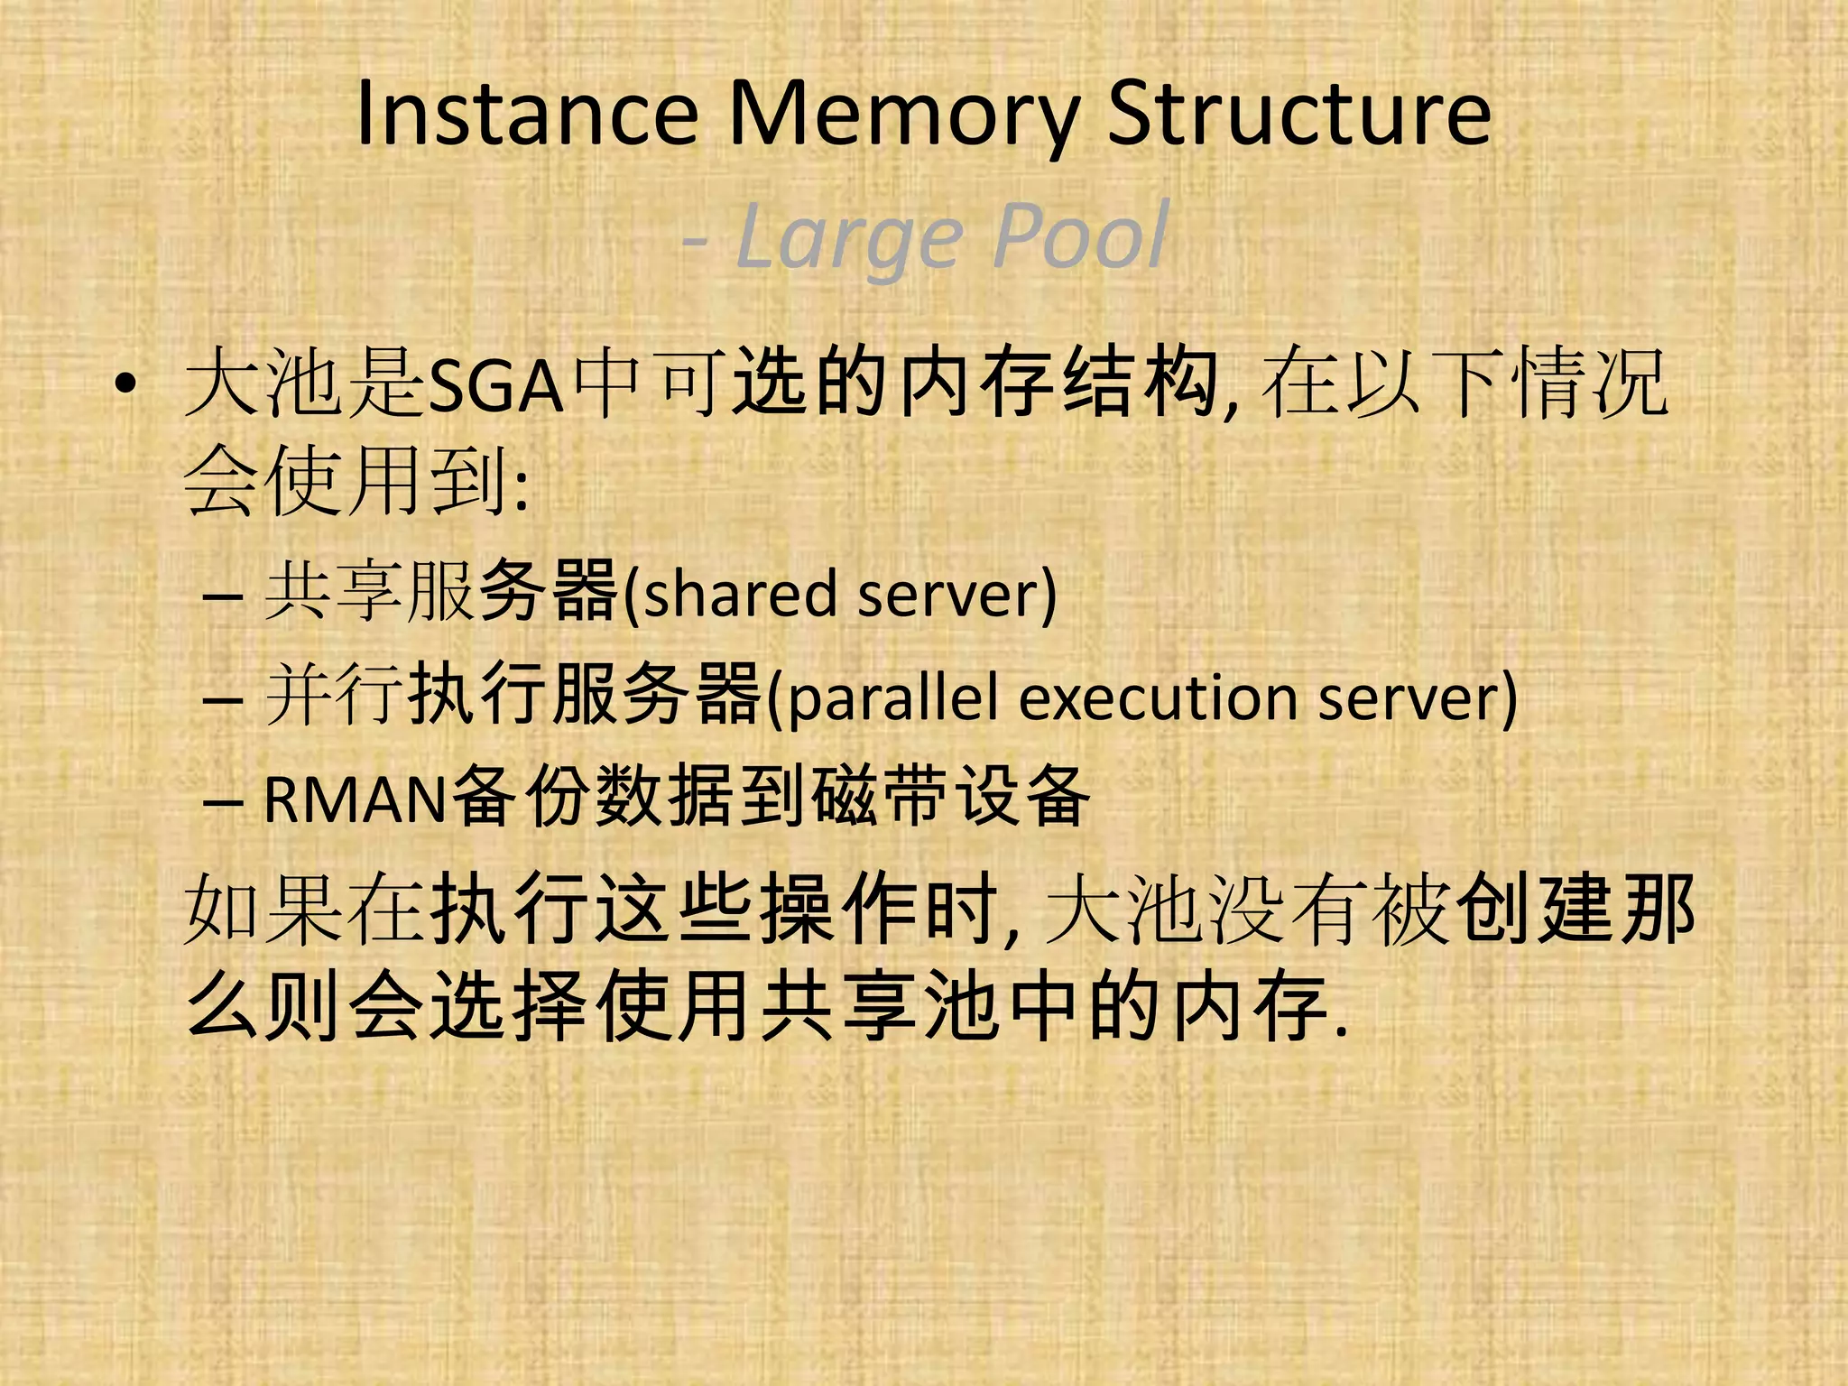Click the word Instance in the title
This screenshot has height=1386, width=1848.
(527, 115)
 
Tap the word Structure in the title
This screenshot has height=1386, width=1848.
(1299, 115)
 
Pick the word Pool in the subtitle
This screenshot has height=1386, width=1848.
(1080, 236)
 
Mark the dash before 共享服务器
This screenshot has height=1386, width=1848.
(222, 597)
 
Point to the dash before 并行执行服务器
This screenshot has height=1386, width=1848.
(222, 700)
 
